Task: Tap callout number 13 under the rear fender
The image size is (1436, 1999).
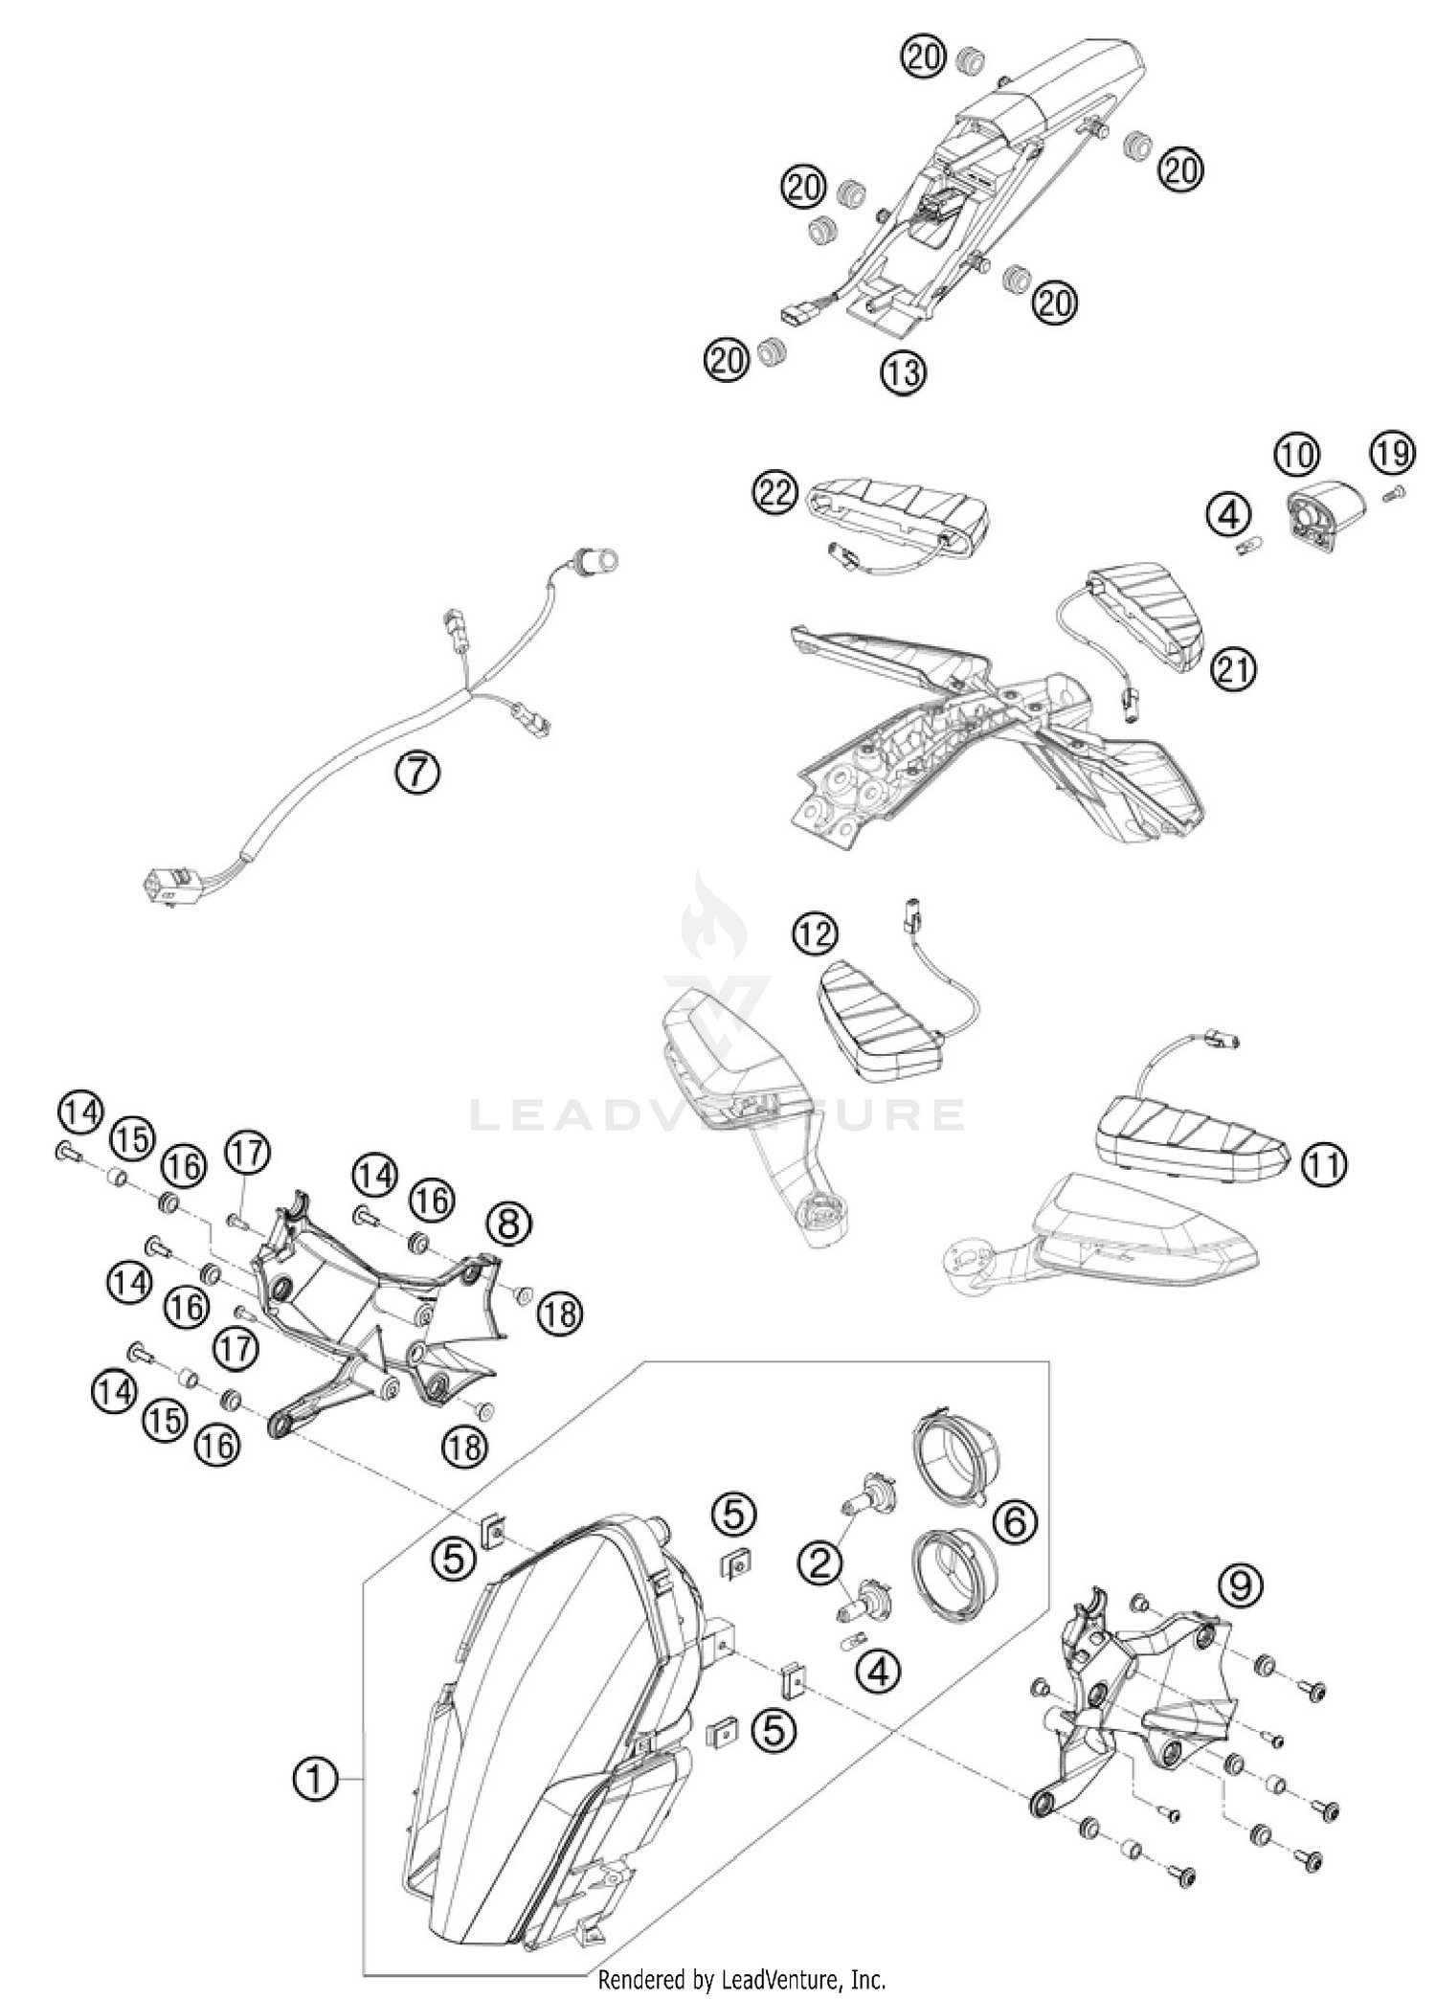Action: coord(904,371)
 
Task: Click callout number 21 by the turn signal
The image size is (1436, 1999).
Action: coord(1235,669)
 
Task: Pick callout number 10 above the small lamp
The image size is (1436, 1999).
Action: coord(1297,453)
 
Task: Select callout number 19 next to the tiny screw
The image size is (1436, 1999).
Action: coord(1392,453)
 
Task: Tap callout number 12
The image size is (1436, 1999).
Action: coord(815,934)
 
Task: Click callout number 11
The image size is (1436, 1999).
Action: coord(1326,1164)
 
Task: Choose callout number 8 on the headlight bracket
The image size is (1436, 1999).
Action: coord(509,1223)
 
